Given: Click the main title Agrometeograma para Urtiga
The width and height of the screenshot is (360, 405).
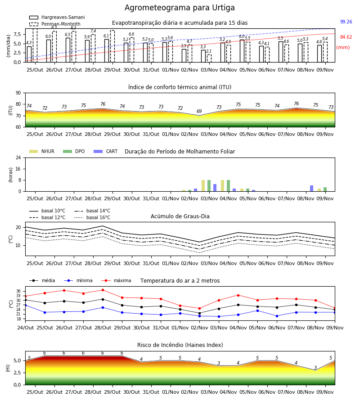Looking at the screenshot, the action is click(x=180, y=8).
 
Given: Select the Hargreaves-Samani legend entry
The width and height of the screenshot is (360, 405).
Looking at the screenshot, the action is click(x=57, y=17).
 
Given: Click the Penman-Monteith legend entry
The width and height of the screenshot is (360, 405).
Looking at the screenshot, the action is click(x=55, y=24).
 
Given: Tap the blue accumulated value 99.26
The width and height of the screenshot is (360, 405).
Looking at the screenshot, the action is click(x=346, y=22).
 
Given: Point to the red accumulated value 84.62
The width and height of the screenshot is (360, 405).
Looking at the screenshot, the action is click(x=346, y=37).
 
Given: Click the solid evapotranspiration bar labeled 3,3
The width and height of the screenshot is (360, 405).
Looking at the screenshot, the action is click(x=203, y=56).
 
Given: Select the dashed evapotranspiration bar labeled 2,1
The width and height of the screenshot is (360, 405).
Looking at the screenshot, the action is click(x=209, y=58).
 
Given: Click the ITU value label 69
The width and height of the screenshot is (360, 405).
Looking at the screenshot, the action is click(x=199, y=111).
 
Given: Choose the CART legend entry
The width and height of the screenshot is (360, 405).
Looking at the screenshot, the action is click(x=106, y=151).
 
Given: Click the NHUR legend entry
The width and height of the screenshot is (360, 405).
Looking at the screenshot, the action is click(x=42, y=151).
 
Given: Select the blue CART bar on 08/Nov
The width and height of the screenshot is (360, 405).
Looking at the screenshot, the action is click(x=312, y=188).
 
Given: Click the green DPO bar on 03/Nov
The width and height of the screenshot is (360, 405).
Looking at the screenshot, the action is click(x=209, y=186).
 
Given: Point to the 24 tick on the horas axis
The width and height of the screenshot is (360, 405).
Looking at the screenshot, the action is click(x=18, y=157).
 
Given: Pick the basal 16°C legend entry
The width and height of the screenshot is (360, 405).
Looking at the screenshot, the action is click(x=92, y=217).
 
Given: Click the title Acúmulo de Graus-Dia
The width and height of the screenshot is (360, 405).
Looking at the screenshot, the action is click(x=180, y=216).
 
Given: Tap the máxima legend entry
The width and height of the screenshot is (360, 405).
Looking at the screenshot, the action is click(x=116, y=280).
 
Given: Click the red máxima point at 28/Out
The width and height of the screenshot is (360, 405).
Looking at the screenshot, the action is click(x=103, y=290).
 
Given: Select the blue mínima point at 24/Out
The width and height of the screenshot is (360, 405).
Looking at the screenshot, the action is click(x=25, y=305).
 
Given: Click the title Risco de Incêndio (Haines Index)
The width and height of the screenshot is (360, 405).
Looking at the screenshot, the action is click(x=180, y=345).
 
